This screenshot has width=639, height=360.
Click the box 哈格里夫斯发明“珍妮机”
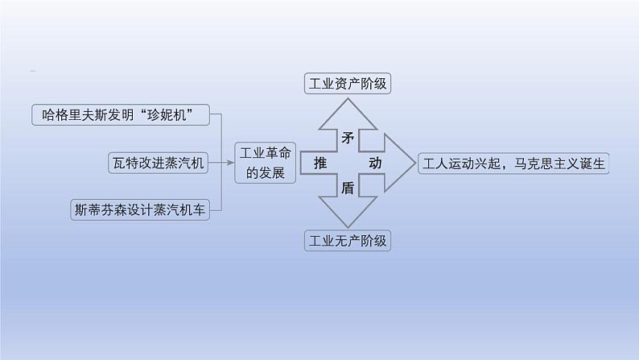[x=120, y=115]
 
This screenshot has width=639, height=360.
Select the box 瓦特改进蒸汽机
[x=159, y=163]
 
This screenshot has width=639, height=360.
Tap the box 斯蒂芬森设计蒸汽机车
[x=138, y=210]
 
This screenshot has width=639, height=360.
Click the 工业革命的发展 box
[x=265, y=163]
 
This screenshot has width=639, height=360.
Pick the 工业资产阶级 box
[x=347, y=84]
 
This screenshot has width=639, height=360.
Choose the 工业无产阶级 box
[x=347, y=239]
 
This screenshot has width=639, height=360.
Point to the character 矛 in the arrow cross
[x=347, y=139]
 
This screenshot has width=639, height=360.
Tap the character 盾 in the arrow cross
[x=347, y=188]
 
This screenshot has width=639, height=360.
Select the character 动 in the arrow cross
[x=375, y=163]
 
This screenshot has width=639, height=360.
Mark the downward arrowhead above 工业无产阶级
[x=347, y=215]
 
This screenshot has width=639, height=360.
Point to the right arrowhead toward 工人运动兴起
[x=398, y=163]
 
